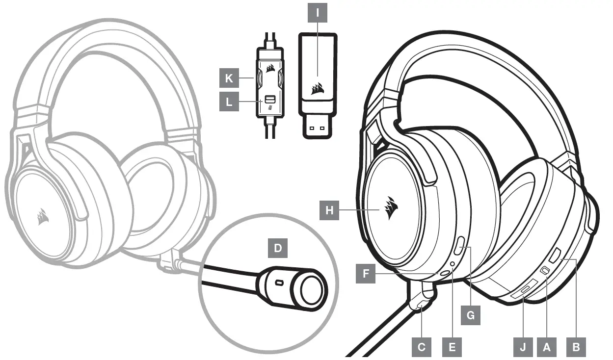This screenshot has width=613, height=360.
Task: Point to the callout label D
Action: coord(278,248)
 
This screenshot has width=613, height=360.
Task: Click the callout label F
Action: coord(366,274)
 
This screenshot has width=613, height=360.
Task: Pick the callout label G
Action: coord(470,315)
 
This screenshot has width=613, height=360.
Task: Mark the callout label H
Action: coord(329,211)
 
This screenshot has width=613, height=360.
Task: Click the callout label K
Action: coord(229,77)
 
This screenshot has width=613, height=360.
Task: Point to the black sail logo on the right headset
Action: coord(391,208)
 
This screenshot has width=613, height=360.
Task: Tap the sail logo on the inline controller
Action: coord(268,69)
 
